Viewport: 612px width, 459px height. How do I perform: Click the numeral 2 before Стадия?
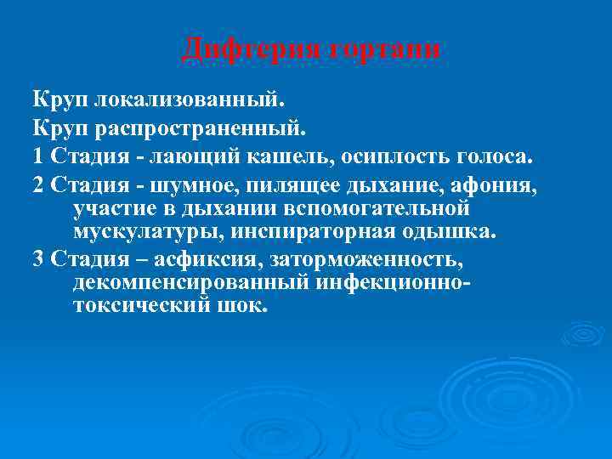click(38, 184)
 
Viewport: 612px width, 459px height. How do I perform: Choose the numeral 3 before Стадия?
click(38, 258)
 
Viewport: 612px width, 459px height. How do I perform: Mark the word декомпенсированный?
click(178, 280)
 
